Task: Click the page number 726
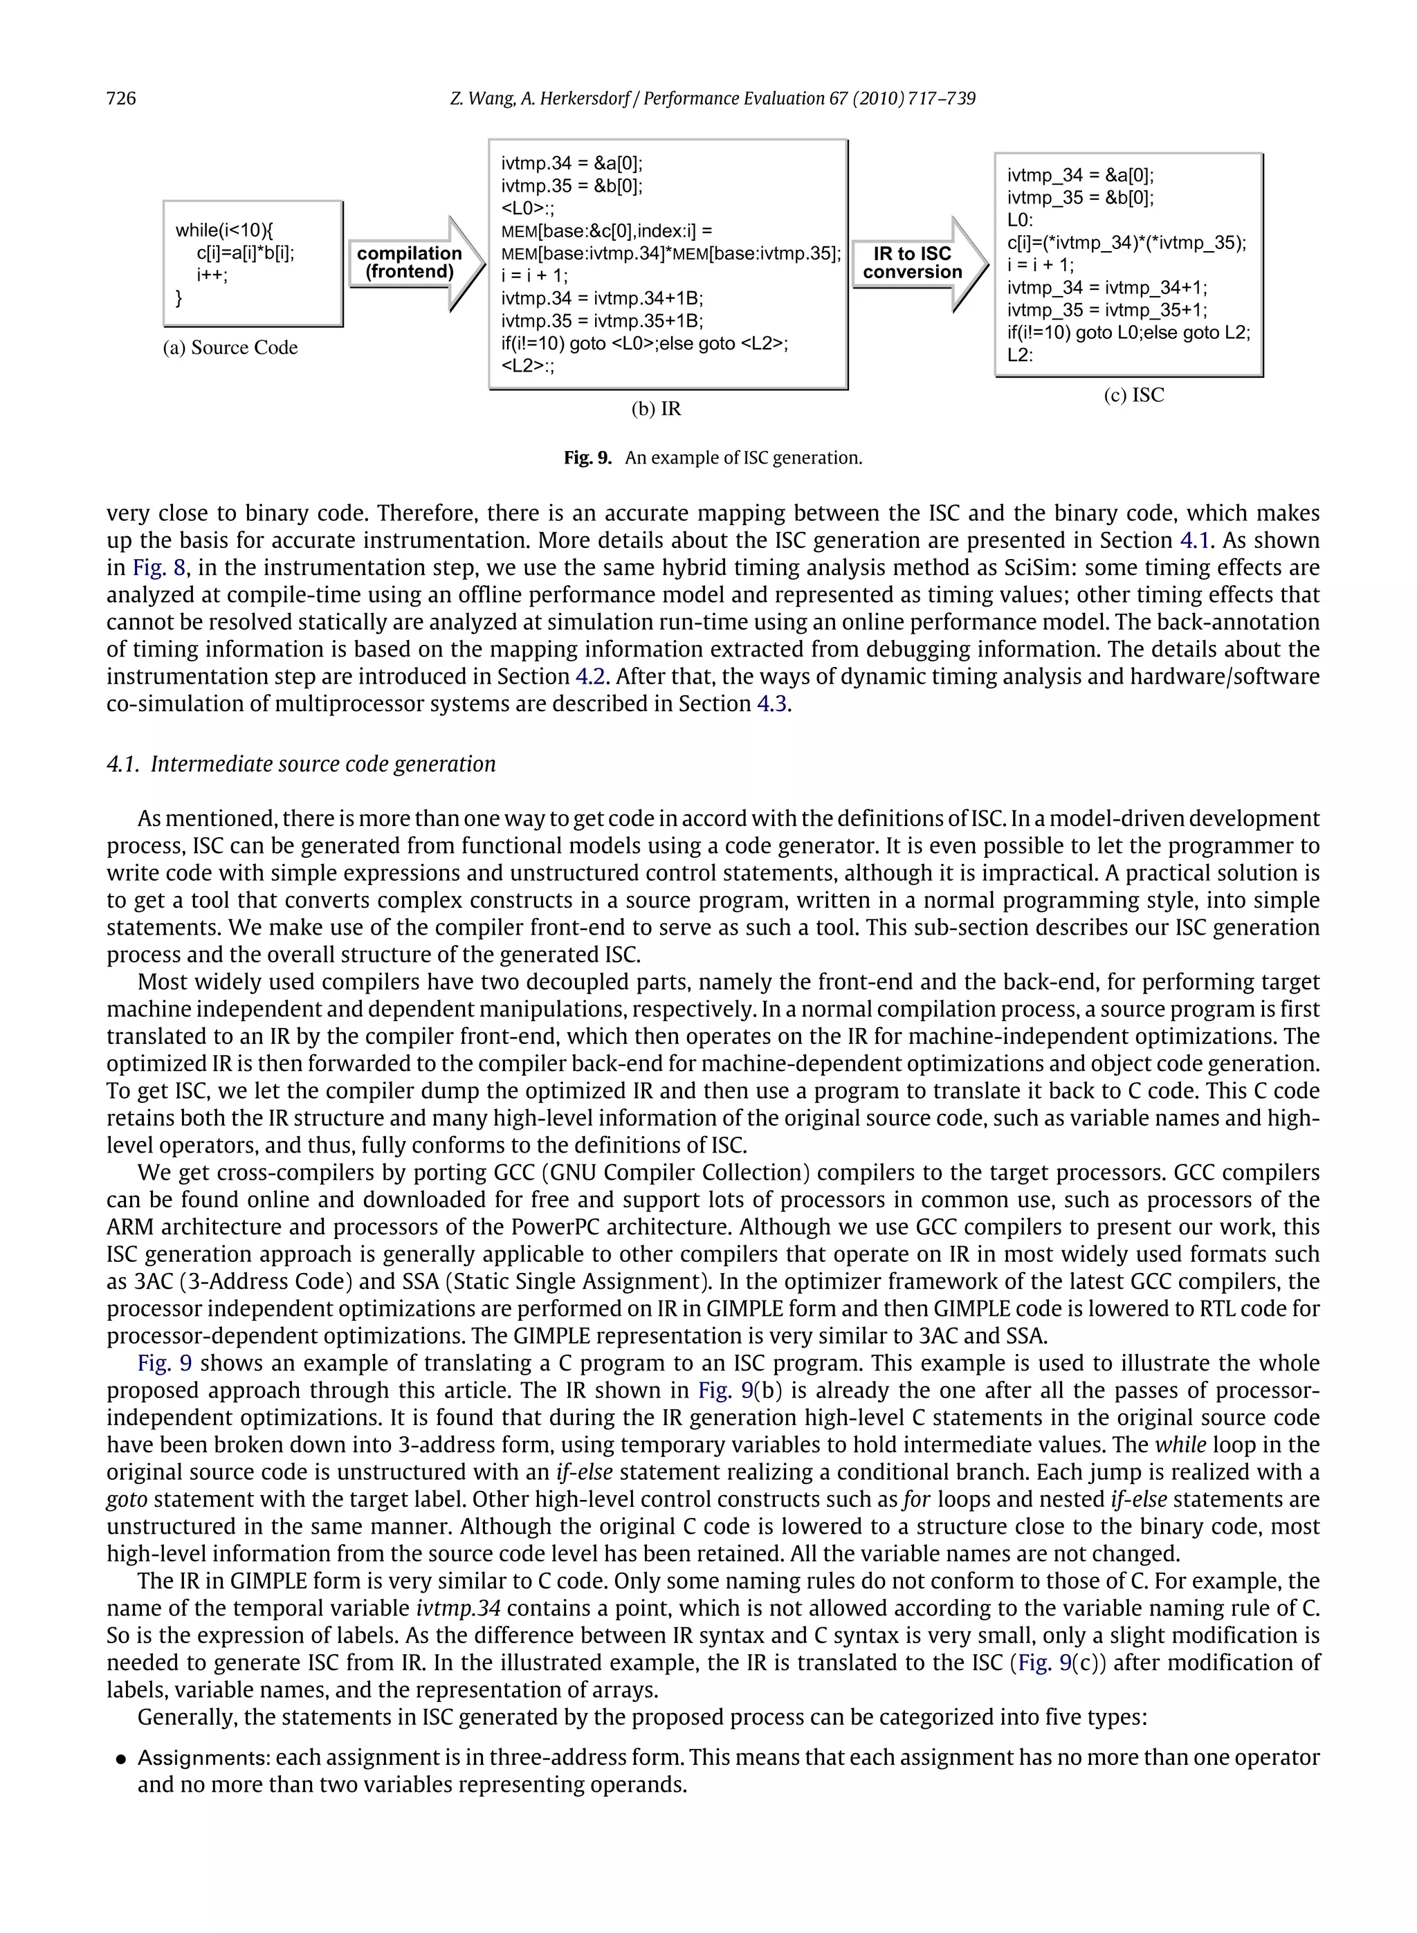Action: pyautogui.click(x=121, y=99)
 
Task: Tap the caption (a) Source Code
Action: pyautogui.click(x=230, y=347)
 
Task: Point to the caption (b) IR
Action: pyautogui.click(x=655, y=409)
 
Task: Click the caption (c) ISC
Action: pyautogui.click(x=1133, y=395)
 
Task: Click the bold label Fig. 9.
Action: pyautogui.click(x=587, y=458)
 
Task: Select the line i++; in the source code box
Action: pyautogui.click(x=212, y=275)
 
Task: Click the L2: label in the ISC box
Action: pyautogui.click(x=1020, y=355)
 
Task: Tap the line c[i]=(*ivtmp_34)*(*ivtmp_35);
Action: pyautogui.click(x=1126, y=243)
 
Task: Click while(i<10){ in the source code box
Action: pyautogui.click(x=224, y=230)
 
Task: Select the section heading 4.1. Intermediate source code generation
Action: pyautogui.click(x=301, y=764)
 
